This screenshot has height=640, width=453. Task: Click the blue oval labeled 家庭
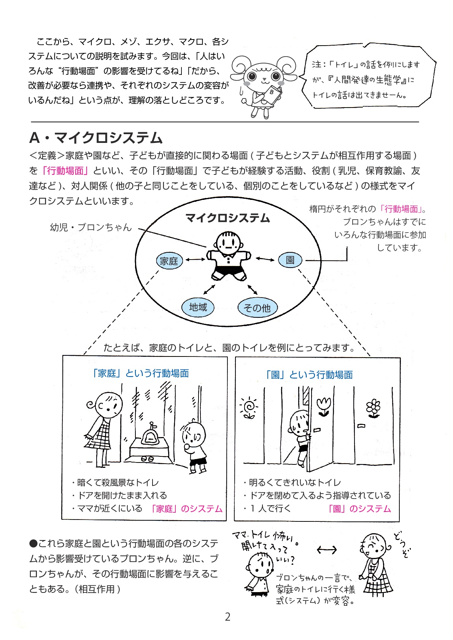point(169,261)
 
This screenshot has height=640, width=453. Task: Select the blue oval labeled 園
point(290,260)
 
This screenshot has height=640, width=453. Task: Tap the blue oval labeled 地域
point(198,307)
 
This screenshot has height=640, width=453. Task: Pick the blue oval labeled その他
point(257,307)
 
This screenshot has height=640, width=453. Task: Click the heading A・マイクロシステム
point(96,138)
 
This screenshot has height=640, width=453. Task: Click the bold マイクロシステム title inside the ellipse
point(227,218)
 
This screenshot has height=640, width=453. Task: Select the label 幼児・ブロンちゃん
point(91,227)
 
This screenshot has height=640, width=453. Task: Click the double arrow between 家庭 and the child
point(195,260)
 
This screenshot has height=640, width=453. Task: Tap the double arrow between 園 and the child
point(265,259)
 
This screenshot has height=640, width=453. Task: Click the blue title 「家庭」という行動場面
point(140,373)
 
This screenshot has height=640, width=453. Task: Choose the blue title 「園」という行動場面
point(309,375)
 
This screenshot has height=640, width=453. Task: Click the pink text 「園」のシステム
point(359,509)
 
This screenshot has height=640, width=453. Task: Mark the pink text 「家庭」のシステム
point(186,509)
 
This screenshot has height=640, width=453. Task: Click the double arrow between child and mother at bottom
point(327,550)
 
